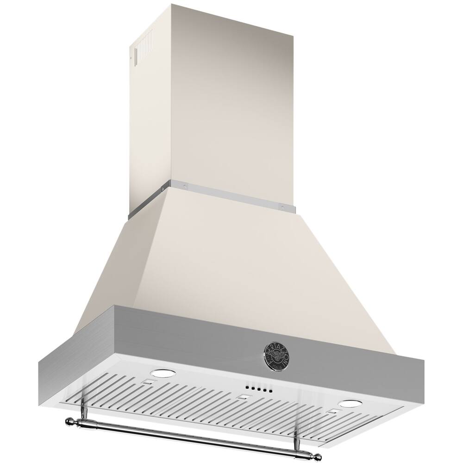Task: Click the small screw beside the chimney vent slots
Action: point(131,57)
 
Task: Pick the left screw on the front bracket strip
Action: point(184,186)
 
